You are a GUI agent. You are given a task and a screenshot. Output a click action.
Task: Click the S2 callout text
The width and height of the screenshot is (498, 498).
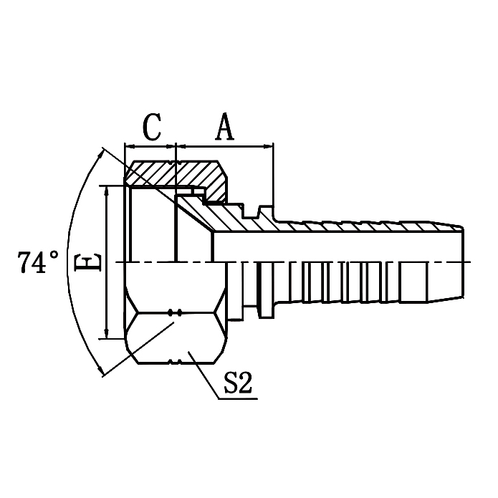pos(237,385)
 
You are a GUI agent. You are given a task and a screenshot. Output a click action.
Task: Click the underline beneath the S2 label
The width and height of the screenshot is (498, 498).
pos(236,398)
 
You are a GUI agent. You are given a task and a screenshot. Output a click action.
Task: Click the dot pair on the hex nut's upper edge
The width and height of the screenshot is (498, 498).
pos(174,312)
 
